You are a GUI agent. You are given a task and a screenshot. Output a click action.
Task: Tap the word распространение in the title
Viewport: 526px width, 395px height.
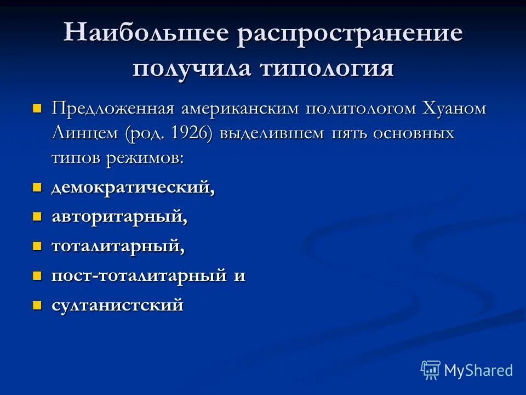[x=350, y=34]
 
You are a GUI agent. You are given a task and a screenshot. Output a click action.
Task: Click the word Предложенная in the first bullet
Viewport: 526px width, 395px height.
[x=113, y=108]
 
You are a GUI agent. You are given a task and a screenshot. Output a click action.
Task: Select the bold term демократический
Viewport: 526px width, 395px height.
[x=133, y=188]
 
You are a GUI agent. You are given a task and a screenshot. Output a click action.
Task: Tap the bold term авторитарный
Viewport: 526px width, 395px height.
[x=119, y=217]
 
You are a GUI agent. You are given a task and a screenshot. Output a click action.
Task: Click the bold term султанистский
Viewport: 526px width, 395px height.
[x=117, y=305]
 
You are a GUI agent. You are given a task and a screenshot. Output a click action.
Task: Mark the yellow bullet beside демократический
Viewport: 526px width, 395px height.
[x=37, y=187]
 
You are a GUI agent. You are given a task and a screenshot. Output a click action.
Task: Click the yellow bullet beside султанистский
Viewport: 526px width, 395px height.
[x=37, y=304]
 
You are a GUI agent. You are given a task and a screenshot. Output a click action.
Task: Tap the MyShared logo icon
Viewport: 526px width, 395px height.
[x=431, y=370]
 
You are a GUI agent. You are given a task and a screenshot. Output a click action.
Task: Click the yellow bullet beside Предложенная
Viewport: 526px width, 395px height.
[x=37, y=108]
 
